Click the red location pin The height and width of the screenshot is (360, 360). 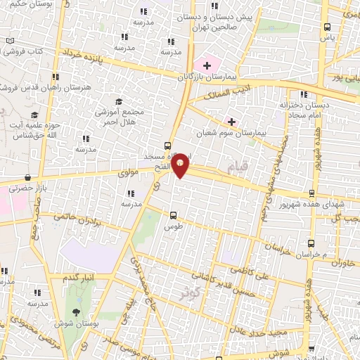click(181, 164)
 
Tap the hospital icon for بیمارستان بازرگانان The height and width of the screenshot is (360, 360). click(207, 65)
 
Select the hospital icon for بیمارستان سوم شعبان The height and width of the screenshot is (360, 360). click(231, 122)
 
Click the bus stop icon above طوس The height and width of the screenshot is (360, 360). click(174, 215)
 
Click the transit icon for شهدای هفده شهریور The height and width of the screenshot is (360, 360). click(311, 193)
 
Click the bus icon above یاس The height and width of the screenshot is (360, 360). click(327, 27)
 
